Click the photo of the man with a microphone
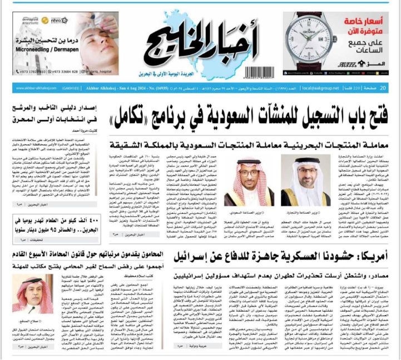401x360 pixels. pyautogui.click(x=27, y=294)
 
